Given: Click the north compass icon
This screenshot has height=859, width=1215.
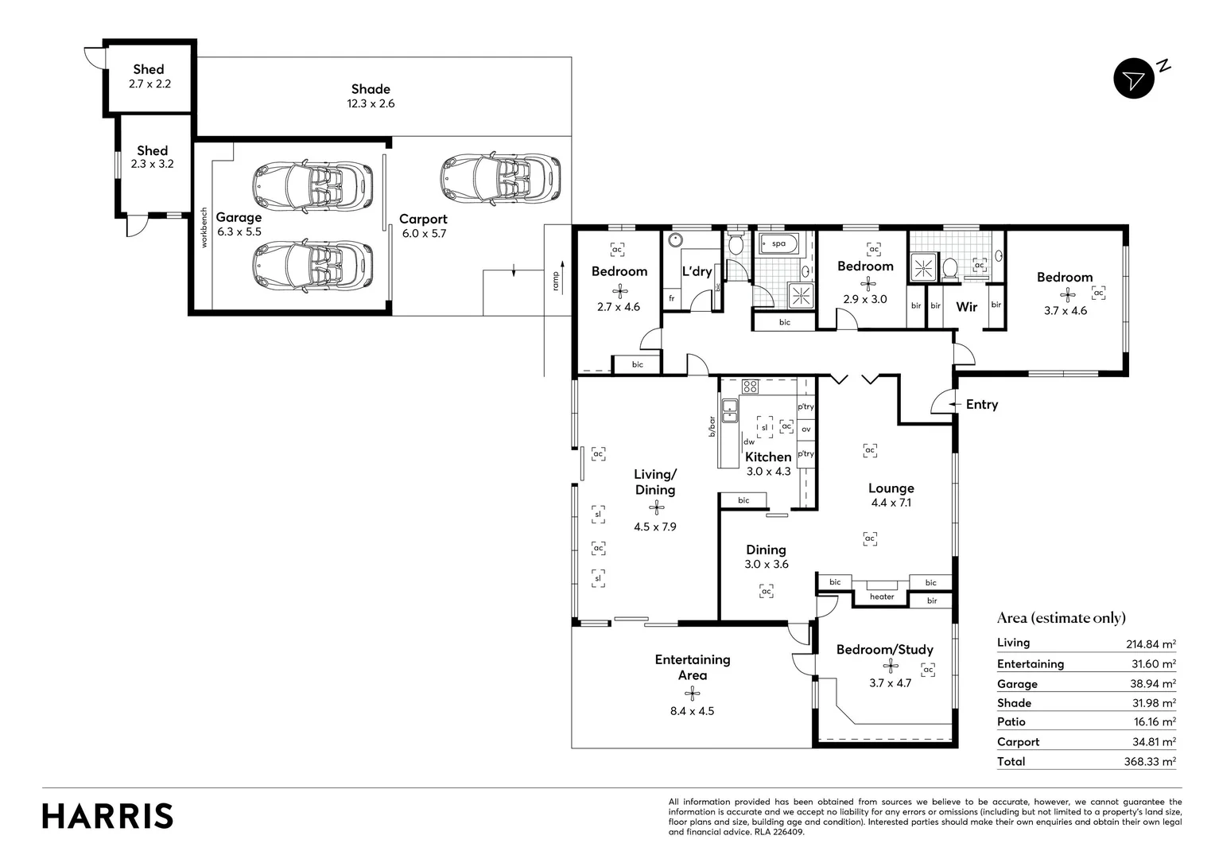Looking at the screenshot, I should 1134,79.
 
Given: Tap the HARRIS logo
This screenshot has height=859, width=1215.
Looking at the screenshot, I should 107,816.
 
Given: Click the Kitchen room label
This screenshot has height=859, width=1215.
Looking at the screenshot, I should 767,457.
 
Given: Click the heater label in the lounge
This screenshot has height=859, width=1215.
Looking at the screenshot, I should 881,597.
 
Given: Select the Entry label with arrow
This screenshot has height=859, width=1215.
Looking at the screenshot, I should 980,405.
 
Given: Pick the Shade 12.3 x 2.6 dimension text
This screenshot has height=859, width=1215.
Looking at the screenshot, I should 371,103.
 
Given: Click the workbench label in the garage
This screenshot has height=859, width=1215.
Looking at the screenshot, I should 204,228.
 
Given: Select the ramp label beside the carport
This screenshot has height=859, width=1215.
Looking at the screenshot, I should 557,280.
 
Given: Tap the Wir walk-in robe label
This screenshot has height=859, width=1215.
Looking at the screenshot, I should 966,307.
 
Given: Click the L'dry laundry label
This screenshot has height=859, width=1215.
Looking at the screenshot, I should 697,271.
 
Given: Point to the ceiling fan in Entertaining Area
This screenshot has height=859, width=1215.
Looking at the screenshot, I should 692,693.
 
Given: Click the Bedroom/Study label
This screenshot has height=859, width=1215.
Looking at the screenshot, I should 884,650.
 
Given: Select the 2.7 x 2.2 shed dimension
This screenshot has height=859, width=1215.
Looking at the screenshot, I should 149,84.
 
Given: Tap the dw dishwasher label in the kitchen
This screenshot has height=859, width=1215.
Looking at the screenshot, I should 748,442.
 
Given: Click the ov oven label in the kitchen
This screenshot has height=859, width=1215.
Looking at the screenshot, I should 805,429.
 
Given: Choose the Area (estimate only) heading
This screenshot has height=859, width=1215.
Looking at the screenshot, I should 1061,618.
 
